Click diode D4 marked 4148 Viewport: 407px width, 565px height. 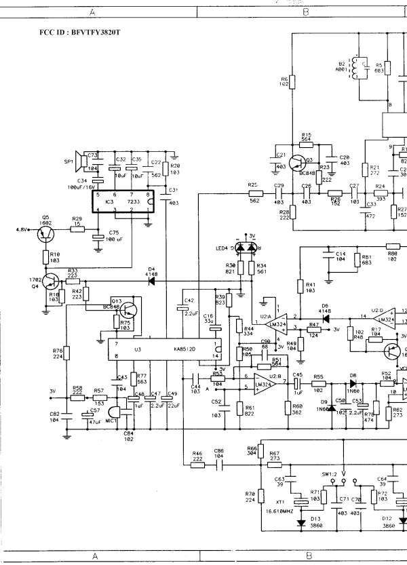[152, 279]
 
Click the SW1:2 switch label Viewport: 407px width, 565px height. [331, 473]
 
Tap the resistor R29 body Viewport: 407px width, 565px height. [77, 229]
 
